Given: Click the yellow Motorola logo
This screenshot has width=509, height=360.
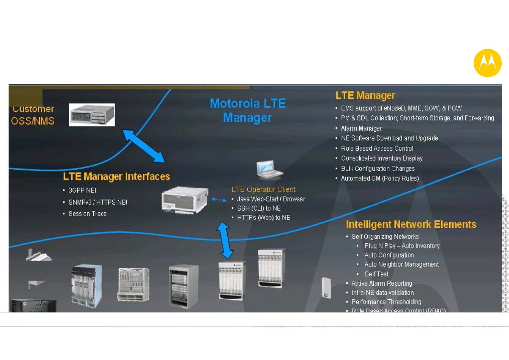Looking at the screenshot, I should (x=487, y=63).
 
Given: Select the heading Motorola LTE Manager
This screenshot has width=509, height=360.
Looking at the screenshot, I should (x=248, y=110).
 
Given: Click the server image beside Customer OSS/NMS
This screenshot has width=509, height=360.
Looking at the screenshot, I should (x=92, y=114).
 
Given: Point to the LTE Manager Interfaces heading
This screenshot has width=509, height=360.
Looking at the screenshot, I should (x=117, y=176).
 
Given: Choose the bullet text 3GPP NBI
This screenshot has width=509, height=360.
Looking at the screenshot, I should (x=82, y=191).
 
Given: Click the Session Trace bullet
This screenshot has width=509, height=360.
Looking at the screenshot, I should (x=87, y=214).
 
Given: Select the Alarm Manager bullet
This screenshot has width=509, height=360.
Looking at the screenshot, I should (x=361, y=128).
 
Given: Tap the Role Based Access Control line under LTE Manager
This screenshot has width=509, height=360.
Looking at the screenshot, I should (x=377, y=148).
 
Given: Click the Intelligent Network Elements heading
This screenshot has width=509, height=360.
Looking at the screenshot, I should (x=411, y=224).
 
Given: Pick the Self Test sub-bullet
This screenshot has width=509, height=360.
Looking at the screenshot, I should (x=377, y=274).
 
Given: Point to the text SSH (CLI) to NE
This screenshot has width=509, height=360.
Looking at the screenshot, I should (x=259, y=208).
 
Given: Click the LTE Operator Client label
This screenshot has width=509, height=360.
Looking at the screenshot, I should (x=263, y=189).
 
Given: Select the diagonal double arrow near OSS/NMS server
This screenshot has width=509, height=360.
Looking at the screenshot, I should (x=144, y=146).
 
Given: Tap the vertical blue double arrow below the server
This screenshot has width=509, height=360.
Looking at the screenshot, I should (x=225, y=240).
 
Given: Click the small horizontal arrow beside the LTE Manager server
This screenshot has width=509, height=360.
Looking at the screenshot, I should (x=219, y=199).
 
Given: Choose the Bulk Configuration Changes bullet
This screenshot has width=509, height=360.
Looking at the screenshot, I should (x=378, y=169).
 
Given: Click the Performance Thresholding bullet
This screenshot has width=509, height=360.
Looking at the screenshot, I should (x=386, y=302).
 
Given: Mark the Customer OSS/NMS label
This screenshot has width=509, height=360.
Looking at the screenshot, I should (x=33, y=115).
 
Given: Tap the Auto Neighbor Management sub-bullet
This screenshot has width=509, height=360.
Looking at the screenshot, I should (x=402, y=264).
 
